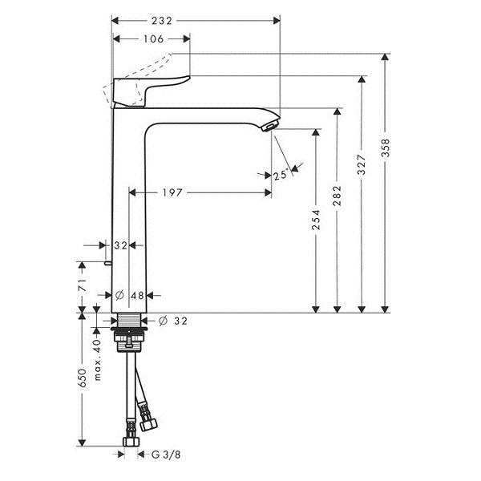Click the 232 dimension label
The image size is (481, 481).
(162, 21)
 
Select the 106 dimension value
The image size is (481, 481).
(153, 39)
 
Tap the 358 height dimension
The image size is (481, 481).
(386, 148)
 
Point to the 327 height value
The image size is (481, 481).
(362, 164)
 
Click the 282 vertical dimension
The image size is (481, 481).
(337, 196)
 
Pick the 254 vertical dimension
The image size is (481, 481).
(316, 220)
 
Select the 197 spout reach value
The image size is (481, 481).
(172, 192)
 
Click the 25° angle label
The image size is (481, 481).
(281, 175)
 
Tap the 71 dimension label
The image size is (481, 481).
(83, 285)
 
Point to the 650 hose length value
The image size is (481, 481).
(83, 378)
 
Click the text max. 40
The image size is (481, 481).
(97, 359)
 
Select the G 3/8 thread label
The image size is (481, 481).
(166, 455)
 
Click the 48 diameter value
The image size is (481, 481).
(137, 295)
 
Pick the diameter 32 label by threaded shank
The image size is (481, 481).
(173, 321)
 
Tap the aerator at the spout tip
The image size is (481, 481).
(270, 126)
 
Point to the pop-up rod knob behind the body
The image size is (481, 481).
(107, 263)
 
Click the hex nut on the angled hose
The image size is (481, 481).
(148, 424)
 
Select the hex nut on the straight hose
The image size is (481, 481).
(131, 441)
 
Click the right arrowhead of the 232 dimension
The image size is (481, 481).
(277, 21)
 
